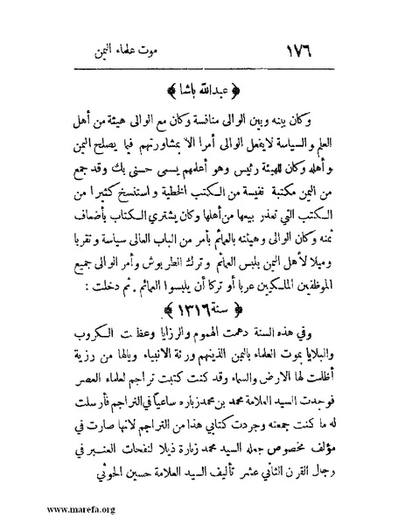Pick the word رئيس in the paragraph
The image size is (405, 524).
235,162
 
